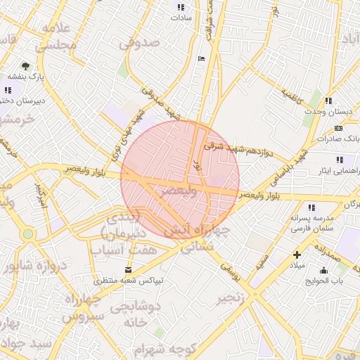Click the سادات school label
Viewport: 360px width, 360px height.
coord(179,20)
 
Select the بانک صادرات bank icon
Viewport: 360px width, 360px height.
coord(339,128)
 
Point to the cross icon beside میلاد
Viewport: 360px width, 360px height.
coord(297,255)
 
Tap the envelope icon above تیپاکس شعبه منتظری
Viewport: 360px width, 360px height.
coord(127,270)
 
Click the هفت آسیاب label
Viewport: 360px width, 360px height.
coord(119,250)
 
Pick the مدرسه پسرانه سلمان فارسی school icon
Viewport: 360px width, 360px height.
coord(311,207)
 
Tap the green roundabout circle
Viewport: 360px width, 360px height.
coord(28,233)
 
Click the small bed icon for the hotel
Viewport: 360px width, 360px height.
coord(202,58)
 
